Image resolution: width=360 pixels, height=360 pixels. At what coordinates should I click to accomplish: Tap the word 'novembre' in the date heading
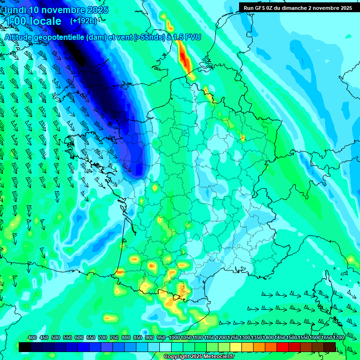tap(65, 10)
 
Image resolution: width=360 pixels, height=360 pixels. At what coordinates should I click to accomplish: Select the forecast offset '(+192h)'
tap(83, 21)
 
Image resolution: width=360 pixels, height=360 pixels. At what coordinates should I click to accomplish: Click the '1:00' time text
tap(16, 22)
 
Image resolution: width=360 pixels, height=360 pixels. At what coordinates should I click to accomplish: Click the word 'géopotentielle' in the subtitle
tap(60, 37)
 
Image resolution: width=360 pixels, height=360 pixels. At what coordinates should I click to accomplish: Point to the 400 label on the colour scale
tap(32, 338)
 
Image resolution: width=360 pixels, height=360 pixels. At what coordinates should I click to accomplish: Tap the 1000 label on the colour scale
tap(174, 338)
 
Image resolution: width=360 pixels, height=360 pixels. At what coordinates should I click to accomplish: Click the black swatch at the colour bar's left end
tap(25, 347)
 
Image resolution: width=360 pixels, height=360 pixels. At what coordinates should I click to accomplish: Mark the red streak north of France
tap(185, 60)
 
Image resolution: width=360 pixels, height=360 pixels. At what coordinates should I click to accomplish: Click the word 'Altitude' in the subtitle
tap(18, 37)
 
